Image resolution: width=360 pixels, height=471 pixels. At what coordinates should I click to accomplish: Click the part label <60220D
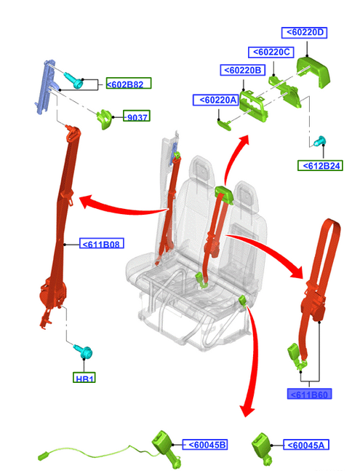tap(304, 33)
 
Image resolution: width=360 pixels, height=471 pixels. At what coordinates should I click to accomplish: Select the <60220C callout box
tap(271, 52)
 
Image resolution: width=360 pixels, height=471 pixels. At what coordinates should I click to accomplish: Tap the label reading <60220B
tap(243, 71)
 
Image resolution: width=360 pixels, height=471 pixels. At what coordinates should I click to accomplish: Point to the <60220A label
tap(216, 100)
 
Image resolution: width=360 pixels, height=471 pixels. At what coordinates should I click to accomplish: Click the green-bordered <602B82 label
tap(129, 83)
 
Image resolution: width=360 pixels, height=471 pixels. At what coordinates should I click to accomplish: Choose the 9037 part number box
tap(137, 116)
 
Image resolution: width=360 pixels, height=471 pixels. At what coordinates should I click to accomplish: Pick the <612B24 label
tap(320, 165)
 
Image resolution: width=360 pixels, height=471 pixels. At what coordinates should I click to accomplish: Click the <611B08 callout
tap(101, 243)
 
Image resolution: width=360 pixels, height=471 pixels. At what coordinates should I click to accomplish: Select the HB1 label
tap(84, 377)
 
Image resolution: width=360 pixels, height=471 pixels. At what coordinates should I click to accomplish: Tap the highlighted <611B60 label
tap(309, 394)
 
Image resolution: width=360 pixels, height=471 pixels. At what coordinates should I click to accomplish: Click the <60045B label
tap(205, 445)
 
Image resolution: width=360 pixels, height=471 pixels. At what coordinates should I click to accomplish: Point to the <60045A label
tap(306, 445)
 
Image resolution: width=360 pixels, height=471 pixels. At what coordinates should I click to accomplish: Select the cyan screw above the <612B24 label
tap(319, 141)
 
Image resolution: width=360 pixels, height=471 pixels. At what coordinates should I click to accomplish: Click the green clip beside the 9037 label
tap(104, 119)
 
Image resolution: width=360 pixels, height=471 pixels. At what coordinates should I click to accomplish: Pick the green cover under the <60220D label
tap(313, 71)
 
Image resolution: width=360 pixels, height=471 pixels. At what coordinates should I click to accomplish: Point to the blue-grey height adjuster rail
tap(46, 87)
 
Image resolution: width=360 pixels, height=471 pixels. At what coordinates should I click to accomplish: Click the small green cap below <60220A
tap(225, 124)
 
